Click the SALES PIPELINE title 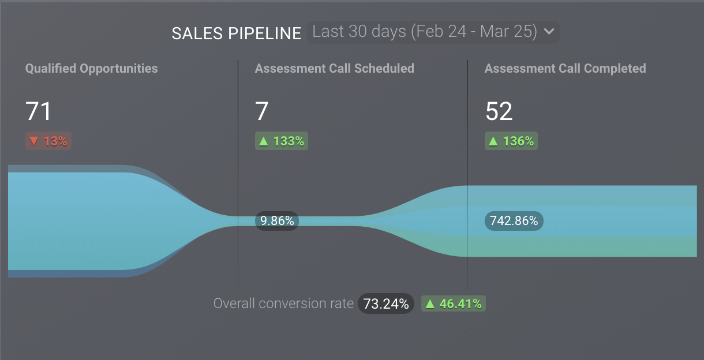pyautogui.click(x=237, y=33)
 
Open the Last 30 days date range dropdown pyautogui.click(x=425, y=32)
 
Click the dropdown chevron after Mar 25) pyautogui.click(x=549, y=32)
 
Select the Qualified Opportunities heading pyautogui.click(x=91, y=68)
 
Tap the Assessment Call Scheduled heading pyautogui.click(x=335, y=68)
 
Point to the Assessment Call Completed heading pyautogui.click(x=565, y=68)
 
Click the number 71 pyautogui.click(x=38, y=111)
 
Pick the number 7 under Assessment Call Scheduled pyautogui.click(x=262, y=111)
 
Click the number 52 pyautogui.click(x=499, y=111)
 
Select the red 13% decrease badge pyautogui.click(x=48, y=141)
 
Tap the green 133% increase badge pyautogui.click(x=282, y=141)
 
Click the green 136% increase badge pyautogui.click(x=511, y=141)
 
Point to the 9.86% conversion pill pyautogui.click(x=277, y=220)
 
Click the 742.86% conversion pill pyautogui.click(x=514, y=220)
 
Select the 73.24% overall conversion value pyautogui.click(x=386, y=303)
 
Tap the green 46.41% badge pyautogui.click(x=454, y=303)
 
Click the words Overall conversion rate pyautogui.click(x=283, y=303)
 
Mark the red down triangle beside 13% pyautogui.click(x=34, y=141)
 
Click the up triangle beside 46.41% pyautogui.click(x=430, y=303)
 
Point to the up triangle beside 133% pyautogui.click(x=264, y=141)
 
